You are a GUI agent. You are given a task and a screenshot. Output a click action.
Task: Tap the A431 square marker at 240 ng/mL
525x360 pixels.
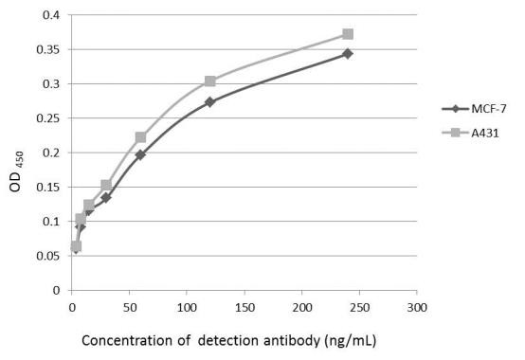click(348, 34)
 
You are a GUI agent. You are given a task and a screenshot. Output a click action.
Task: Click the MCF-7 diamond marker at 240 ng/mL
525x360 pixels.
click(348, 53)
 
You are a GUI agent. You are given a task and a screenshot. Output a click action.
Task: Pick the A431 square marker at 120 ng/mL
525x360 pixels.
click(209, 81)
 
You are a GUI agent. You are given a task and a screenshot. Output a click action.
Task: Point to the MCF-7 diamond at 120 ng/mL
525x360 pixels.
click(209, 101)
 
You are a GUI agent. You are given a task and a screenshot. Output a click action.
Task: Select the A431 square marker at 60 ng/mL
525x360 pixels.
click(140, 137)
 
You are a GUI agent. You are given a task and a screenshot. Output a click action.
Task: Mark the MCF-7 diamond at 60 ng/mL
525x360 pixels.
click(140, 154)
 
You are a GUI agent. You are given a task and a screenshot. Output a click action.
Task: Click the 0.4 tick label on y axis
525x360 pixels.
click(52, 15)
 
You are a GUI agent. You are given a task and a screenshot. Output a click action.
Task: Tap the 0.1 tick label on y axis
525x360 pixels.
click(52, 222)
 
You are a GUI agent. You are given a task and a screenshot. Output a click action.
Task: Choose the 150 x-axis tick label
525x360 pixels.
click(244, 307)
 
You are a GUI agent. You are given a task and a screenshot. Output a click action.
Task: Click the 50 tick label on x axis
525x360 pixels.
click(130, 307)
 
